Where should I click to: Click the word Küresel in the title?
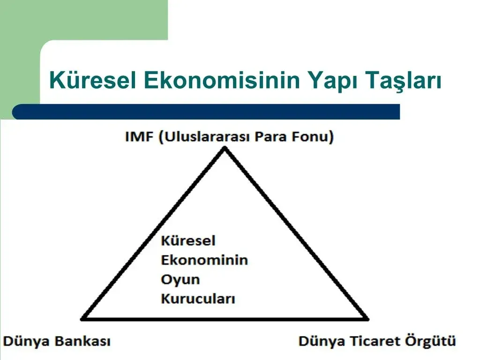coord(92,80)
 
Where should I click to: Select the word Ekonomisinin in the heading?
coord(222,80)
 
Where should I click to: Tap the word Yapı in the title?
coord(333,82)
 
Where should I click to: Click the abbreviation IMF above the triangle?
coord(139,136)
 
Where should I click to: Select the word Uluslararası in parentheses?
coord(205,137)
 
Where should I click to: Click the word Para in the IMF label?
coord(270,136)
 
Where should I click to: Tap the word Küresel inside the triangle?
coord(188,240)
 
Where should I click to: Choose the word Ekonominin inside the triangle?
coord(204,260)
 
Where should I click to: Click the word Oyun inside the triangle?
coord(180,280)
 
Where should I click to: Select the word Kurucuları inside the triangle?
coord(198,299)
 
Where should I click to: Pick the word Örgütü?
coord(431,341)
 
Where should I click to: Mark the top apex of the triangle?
coord(225,148)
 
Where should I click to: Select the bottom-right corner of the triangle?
coord(367,319)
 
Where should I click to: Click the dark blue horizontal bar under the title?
coord(206,112)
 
